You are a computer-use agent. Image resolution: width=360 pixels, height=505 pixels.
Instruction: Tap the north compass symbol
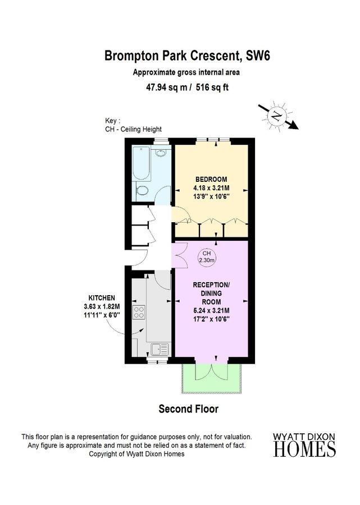pos(276,116)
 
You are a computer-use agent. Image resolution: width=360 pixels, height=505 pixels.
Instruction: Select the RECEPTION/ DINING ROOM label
pos(211,293)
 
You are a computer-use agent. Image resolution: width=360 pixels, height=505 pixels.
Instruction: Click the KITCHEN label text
pos(101,297)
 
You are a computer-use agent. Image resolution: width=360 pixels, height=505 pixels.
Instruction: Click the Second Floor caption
pos(188,409)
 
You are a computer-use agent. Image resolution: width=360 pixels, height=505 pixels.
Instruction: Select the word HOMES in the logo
pos(305,449)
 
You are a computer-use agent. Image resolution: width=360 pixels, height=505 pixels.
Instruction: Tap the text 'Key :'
pos(113,121)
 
